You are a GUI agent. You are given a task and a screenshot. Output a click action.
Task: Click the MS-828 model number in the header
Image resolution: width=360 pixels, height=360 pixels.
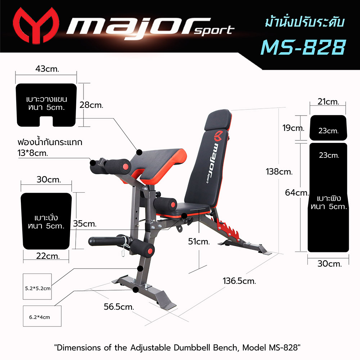[x=303, y=48]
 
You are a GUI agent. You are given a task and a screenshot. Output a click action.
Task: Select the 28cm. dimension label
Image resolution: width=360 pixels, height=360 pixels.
[x=91, y=105]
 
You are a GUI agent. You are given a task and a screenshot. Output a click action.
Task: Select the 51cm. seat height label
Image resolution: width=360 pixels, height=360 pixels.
[x=198, y=242]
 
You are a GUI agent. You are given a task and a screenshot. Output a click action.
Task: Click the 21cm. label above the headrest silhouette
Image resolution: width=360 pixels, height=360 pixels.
[x=328, y=102]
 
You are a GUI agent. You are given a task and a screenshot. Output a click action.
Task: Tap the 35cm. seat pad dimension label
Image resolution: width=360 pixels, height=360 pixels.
[x=85, y=224]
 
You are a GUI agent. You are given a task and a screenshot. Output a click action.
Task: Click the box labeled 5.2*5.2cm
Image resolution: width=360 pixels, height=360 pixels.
[x=37, y=288]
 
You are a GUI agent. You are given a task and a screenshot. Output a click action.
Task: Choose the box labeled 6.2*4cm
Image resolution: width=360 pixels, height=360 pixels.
[x=40, y=317]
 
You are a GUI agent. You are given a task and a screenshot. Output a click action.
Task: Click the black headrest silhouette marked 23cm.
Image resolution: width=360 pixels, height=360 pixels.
[x=328, y=128]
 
